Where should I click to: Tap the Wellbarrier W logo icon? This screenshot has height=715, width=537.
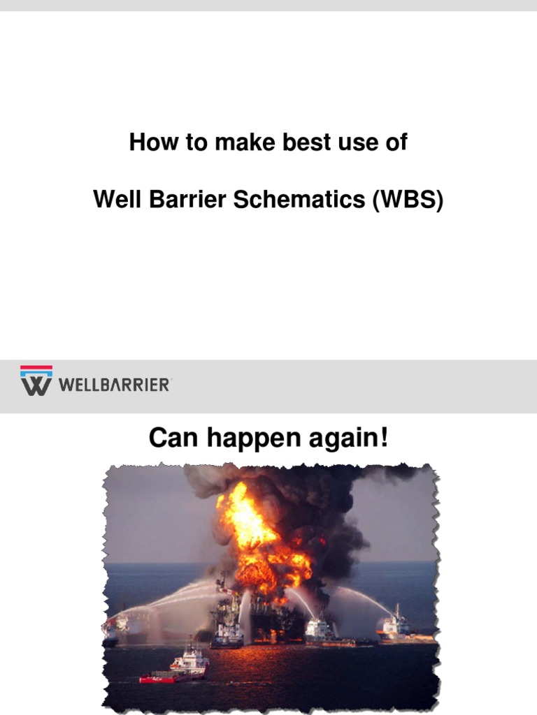pyautogui.click(x=36, y=381)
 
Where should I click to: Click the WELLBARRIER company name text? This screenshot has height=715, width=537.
pyautogui.click(x=115, y=385)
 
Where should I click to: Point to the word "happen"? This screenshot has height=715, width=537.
pyautogui.click(x=245, y=441)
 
